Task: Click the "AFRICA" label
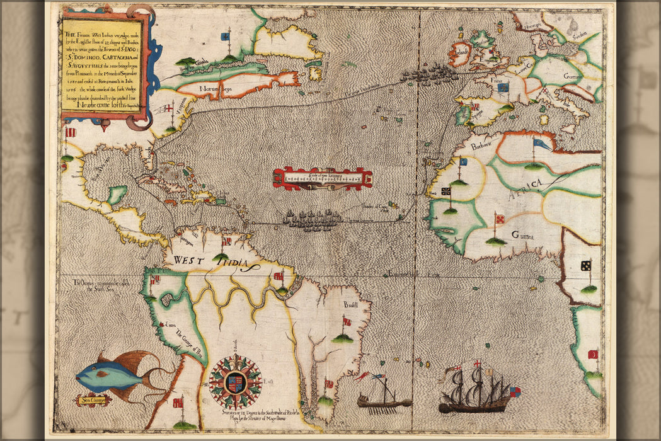[x=531, y=183]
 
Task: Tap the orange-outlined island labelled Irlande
[x=460, y=55]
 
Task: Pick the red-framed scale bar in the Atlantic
[x=323, y=178]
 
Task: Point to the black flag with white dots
[x=585, y=265]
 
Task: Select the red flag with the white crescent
[x=592, y=355]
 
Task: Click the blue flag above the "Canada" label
[x=224, y=37]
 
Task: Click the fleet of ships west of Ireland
[x=430, y=75]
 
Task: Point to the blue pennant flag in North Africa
[x=541, y=144]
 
